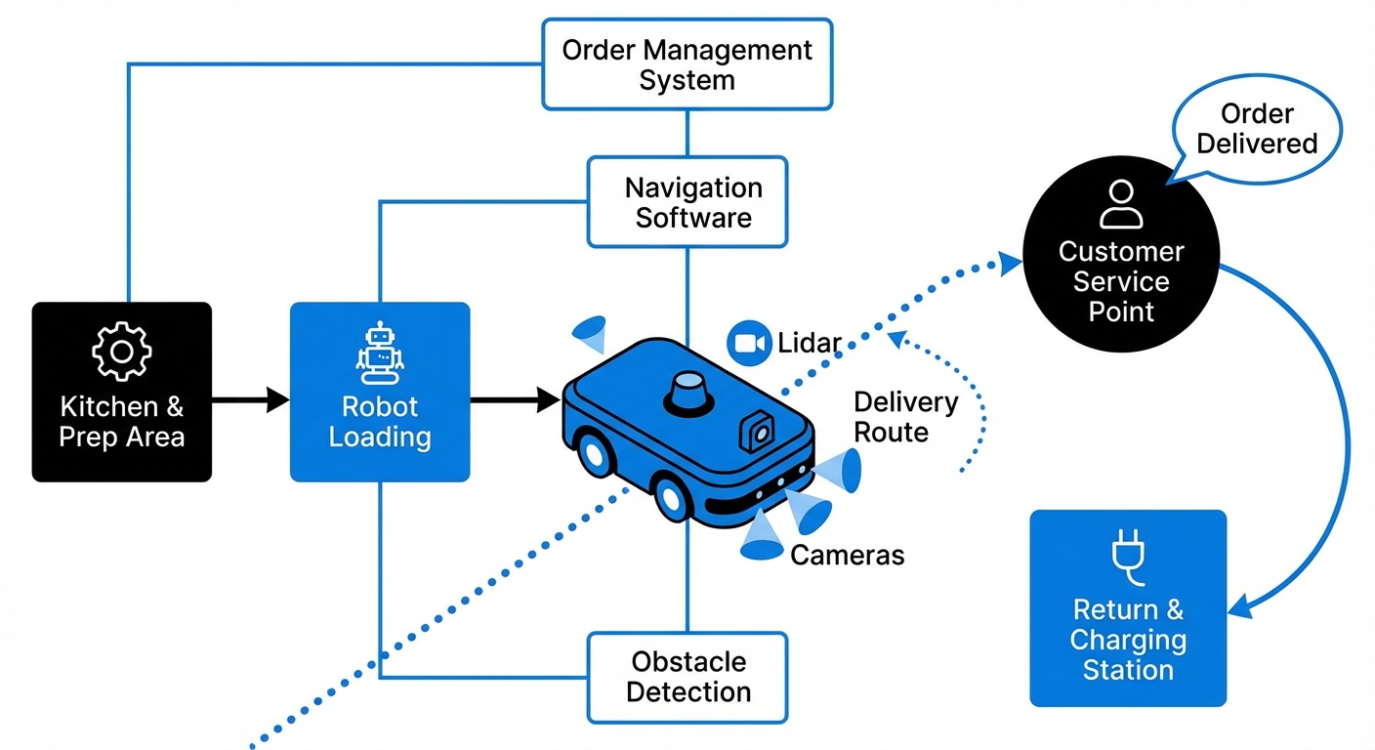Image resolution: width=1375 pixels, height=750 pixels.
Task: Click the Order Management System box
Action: pyautogui.click(x=687, y=63)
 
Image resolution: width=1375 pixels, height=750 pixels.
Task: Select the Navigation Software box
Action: pyautogui.click(x=687, y=202)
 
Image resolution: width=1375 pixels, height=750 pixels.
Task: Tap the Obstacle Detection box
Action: pyautogui.click(x=687, y=677)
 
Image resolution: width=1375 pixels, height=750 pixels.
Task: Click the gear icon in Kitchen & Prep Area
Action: pyautogui.click(x=121, y=352)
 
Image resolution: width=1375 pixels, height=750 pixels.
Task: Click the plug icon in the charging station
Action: pyautogui.click(x=1127, y=554)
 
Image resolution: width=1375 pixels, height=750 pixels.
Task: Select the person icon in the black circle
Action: pyautogui.click(x=1120, y=204)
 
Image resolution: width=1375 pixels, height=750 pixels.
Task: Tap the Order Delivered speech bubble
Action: pyautogui.click(x=1256, y=130)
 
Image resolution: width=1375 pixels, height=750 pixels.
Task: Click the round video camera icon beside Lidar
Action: pyautogui.click(x=749, y=343)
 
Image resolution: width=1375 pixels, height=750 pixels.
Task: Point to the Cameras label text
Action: pyautogui.click(x=847, y=556)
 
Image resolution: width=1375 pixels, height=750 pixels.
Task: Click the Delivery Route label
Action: pyautogui.click(x=905, y=417)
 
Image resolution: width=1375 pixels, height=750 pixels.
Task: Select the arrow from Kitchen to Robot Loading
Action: pyautogui.click(x=250, y=399)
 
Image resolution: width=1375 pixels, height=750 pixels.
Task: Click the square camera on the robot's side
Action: pyautogui.click(x=756, y=431)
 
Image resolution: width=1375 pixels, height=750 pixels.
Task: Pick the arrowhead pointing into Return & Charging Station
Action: pyautogui.click(x=1237, y=606)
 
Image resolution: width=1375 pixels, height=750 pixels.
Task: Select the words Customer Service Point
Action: pyautogui.click(x=1120, y=282)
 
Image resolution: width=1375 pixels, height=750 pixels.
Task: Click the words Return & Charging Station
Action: pyautogui.click(x=1127, y=640)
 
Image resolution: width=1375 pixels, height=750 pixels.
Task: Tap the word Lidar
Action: pyautogui.click(x=810, y=344)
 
